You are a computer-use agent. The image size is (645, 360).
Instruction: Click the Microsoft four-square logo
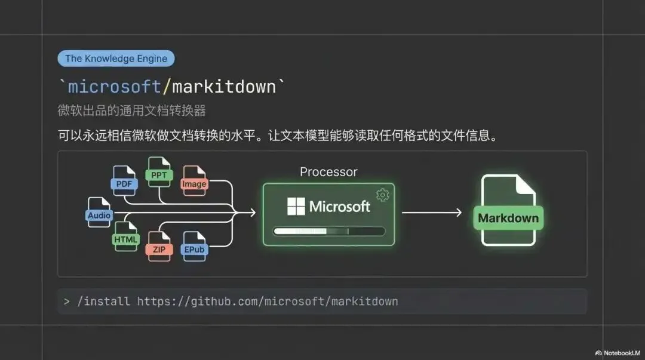click(x=296, y=207)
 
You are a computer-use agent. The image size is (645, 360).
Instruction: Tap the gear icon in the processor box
click(x=383, y=195)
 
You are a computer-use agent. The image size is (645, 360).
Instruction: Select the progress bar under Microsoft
click(x=328, y=231)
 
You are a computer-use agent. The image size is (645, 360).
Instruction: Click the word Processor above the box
click(x=328, y=172)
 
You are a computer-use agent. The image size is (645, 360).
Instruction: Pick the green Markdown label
click(x=508, y=218)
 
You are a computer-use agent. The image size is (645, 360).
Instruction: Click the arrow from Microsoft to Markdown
click(x=431, y=213)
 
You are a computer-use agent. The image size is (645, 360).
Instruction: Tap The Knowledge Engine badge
click(x=116, y=59)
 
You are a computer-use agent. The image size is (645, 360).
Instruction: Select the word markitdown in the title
click(x=224, y=87)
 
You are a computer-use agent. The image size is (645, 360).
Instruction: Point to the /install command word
click(x=103, y=301)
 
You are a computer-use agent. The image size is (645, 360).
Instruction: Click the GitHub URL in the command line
click(x=268, y=301)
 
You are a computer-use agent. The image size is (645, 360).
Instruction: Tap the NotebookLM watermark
click(x=618, y=353)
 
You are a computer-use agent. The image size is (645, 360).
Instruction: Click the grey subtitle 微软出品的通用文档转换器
click(x=131, y=110)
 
